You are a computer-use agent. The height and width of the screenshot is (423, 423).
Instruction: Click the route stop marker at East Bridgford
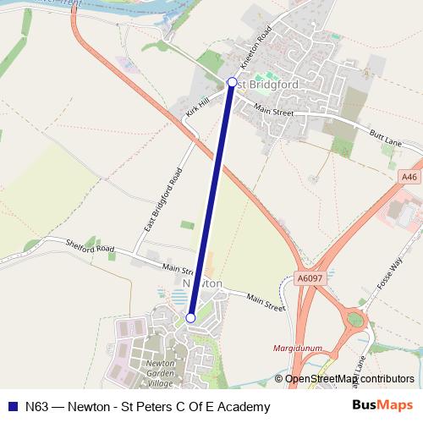[233, 82]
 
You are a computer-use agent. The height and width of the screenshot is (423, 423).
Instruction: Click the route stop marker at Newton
[191, 318]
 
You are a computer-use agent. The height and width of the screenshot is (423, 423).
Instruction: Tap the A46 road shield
[410, 175]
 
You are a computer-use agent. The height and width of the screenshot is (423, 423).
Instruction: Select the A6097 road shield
[310, 276]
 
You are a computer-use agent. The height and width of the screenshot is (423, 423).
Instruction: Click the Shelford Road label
[91, 246]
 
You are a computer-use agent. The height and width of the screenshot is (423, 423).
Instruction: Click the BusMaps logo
[382, 406]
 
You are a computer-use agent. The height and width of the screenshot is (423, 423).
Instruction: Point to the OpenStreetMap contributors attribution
[349, 379]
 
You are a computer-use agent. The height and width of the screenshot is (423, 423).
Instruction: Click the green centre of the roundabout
[355, 321]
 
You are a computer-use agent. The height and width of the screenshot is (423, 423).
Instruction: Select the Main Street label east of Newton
[266, 300]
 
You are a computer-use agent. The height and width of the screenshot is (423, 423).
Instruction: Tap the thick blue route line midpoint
[211, 201]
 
